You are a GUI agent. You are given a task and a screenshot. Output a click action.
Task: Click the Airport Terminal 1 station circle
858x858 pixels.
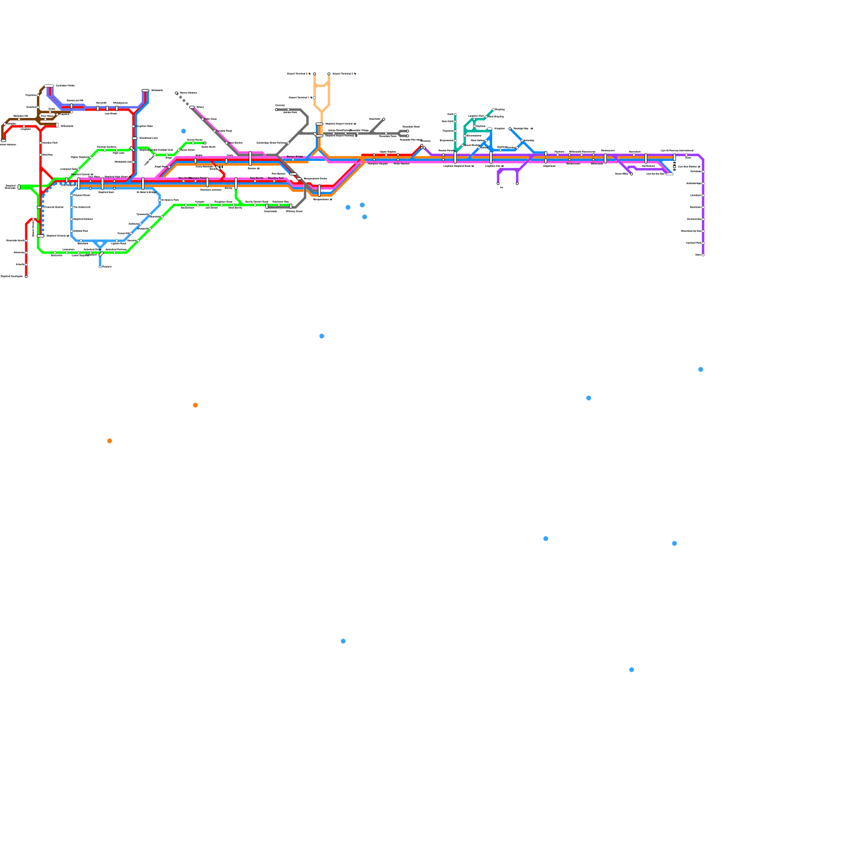[x=315, y=98]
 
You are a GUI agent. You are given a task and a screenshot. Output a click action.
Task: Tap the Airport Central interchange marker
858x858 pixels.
[x=319, y=124]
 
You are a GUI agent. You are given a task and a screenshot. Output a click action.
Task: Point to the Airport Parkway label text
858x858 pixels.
[x=341, y=136]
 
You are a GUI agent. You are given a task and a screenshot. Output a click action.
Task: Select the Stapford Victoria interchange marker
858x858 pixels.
[x=41, y=235]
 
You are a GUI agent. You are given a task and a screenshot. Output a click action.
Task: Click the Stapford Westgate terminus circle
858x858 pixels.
[x=26, y=276]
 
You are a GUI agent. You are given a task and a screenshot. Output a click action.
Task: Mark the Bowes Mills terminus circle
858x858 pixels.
[x=631, y=174]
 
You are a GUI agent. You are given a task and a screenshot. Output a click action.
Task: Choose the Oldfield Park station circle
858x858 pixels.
[x=72, y=231]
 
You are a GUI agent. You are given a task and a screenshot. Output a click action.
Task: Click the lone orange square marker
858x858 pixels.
[x=195, y=405]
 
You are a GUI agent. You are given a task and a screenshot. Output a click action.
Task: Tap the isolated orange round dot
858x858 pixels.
[x=109, y=441]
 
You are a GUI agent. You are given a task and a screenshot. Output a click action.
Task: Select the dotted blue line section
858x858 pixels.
[x=43, y=214]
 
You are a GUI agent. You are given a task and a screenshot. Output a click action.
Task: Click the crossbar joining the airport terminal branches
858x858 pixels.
[x=322, y=86]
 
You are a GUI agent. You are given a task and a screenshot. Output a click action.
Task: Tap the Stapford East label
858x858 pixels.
[x=106, y=191]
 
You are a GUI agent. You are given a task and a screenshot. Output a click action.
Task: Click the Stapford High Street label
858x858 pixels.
[x=115, y=176]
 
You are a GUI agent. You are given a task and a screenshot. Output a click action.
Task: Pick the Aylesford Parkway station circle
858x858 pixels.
[x=115, y=252]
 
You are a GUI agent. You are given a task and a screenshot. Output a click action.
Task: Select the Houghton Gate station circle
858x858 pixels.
[x=134, y=127]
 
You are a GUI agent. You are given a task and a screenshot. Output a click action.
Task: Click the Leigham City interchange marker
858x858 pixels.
[x=491, y=157]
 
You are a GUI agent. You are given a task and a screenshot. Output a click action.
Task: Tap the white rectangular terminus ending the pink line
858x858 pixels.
[x=191, y=107]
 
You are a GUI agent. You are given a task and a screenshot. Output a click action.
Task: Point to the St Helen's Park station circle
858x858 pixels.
[x=160, y=200]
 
